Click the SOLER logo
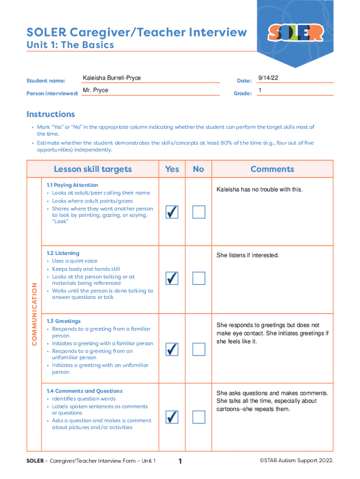[295, 32]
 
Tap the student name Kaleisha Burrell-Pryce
[112, 78]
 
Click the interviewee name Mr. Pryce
[95, 90]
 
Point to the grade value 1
[260, 90]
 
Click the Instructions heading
[50, 114]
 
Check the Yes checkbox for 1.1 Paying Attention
[172, 212]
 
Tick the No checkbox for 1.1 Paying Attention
[199, 212]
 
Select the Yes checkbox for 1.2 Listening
[172, 278]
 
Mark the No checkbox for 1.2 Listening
[199, 278]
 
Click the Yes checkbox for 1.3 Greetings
[172, 348]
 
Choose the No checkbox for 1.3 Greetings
[199, 348]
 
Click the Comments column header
[272, 169]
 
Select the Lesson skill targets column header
[93, 169]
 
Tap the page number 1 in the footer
[180, 462]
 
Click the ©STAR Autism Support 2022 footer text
[296, 461]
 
